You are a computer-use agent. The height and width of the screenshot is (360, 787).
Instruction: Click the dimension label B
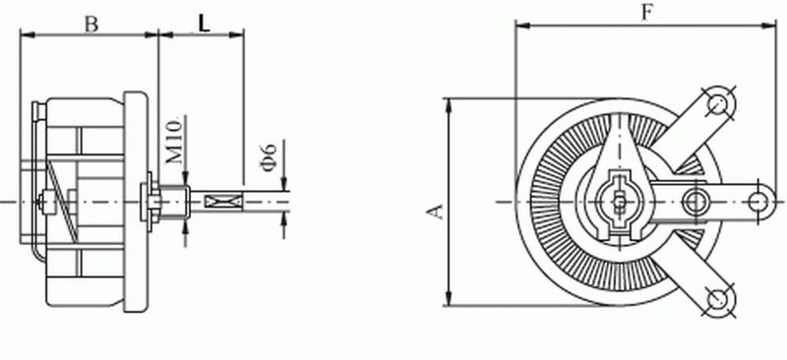coord(91,25)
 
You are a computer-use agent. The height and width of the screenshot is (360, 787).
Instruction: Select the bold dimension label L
coord(204,24)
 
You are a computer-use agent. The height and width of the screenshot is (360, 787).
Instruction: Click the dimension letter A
coord(433,210)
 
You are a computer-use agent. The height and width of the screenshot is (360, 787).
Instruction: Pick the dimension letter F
coord(645,12)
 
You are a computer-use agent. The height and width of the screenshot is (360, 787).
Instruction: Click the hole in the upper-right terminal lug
coord(721,101)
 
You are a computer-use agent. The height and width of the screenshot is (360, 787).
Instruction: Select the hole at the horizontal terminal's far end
coord(758,202)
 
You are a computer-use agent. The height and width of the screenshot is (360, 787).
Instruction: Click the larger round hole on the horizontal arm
coord(696,202)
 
